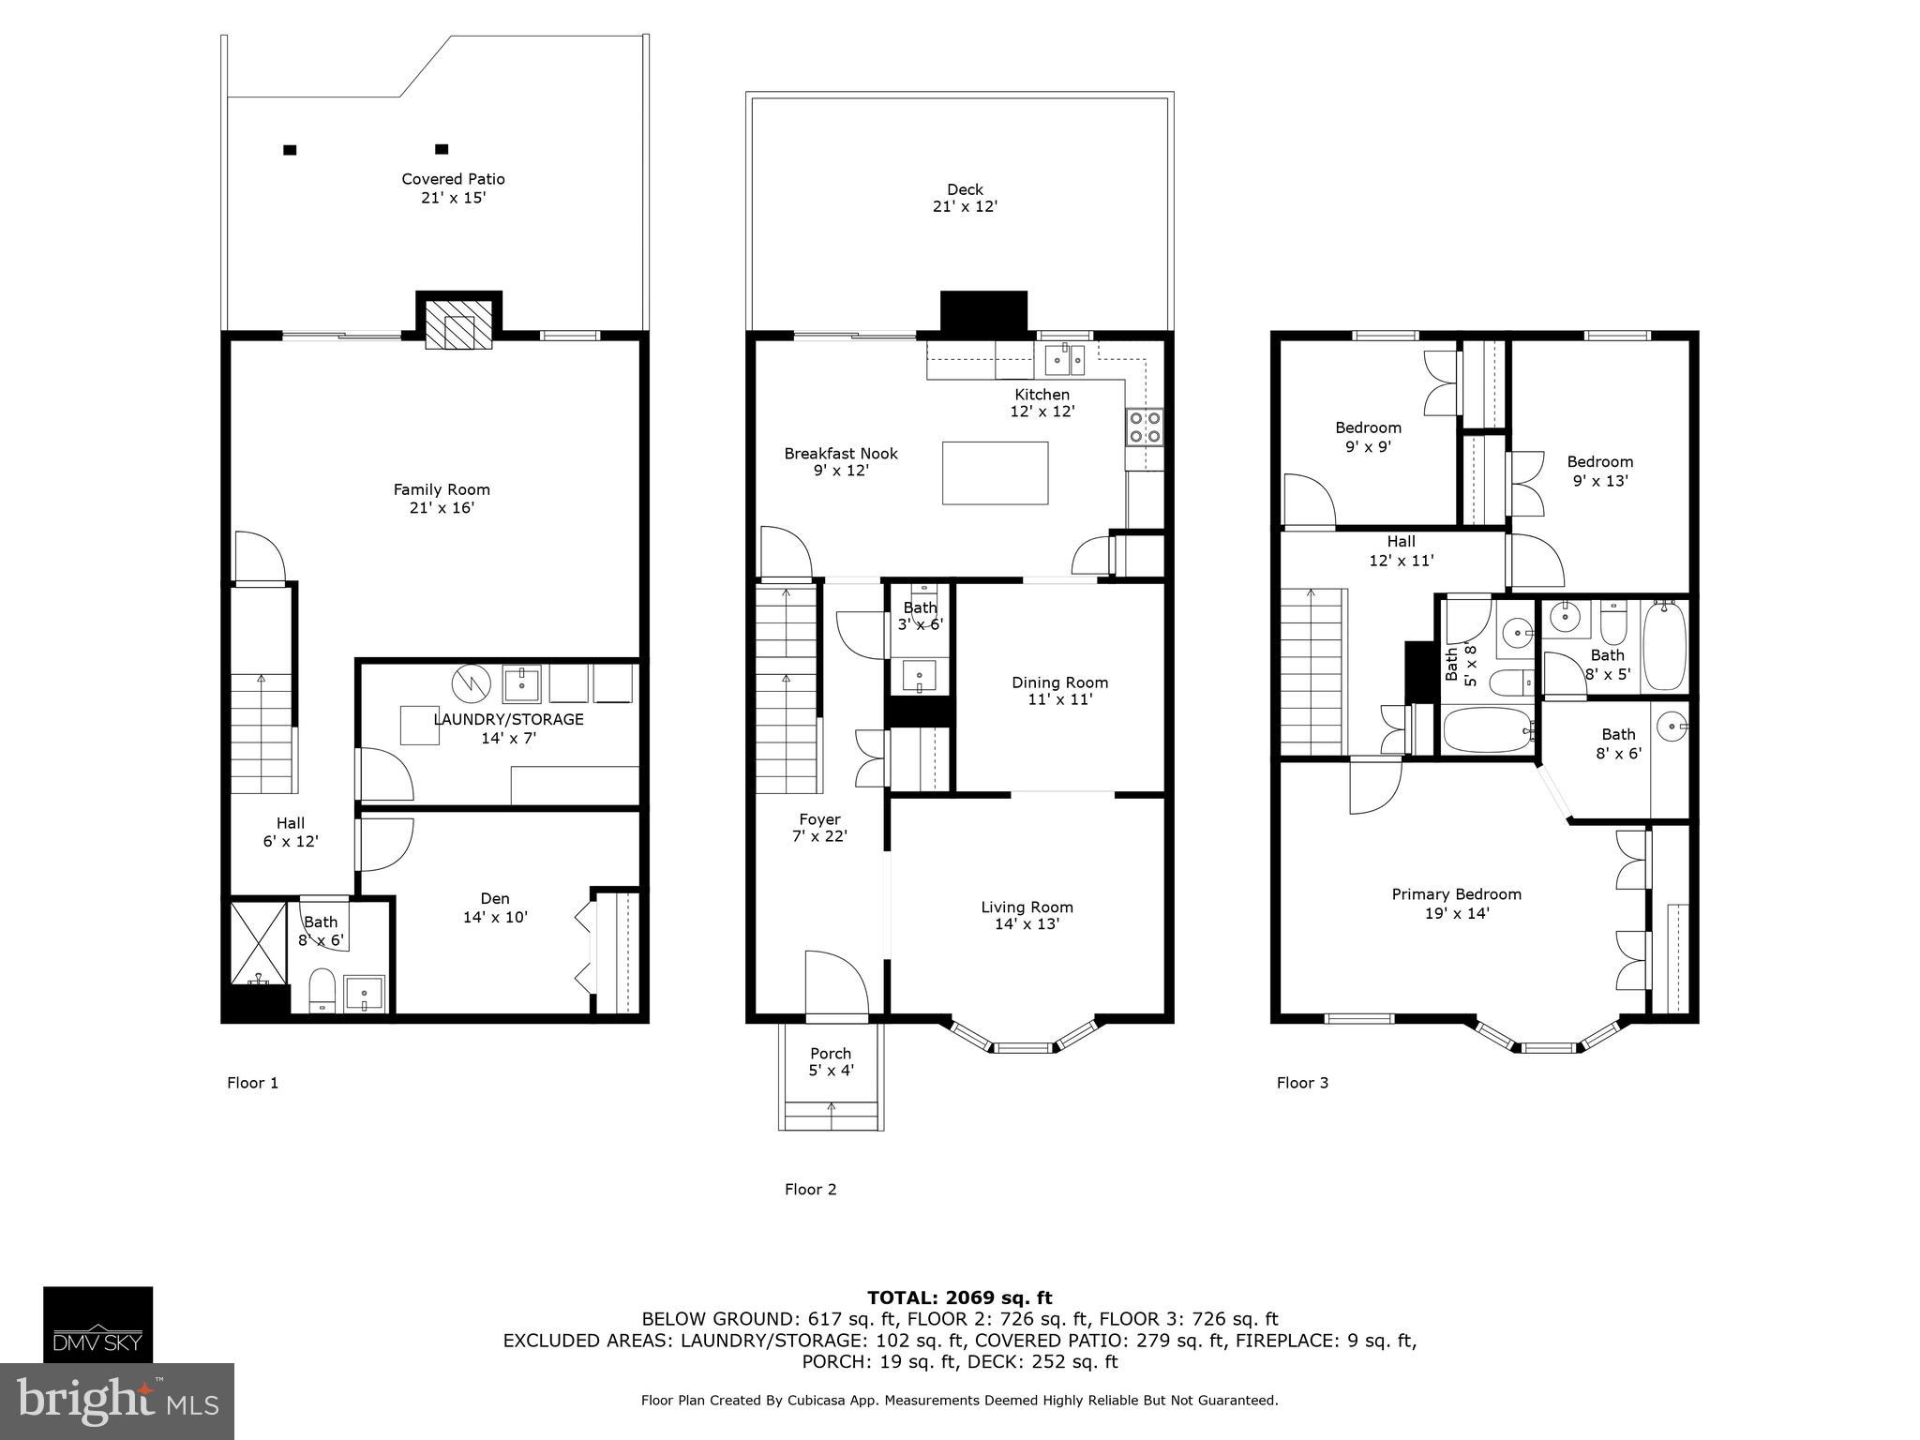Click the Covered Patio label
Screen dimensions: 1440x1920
click(x=453, y=188)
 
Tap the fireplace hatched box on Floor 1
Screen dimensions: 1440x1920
click(x=459, y=325)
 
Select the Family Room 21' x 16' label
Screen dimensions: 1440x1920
click(x=441, y=499)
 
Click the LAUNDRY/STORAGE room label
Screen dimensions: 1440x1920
click(x=508, y=728)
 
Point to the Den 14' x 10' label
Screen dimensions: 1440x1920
click(x=495, y=907)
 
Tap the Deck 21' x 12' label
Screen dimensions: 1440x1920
click(x=965, y=199)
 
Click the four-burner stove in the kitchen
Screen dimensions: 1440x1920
click(x=1145, y=427)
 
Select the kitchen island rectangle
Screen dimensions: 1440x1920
click(x=995, y=473)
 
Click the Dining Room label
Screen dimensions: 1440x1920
click(x=1059, y=691)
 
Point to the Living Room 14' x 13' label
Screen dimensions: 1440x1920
click(x=1027, y=915)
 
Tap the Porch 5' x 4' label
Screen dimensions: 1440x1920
click(x=831, y=1061)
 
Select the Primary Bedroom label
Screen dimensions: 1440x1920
click(x=1456, y=903)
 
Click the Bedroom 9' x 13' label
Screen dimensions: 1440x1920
click(x=1599, y=471)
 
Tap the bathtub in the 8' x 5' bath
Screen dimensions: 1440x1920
click(x=1664, y=647)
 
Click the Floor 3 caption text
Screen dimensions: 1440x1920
click(x=1302, y=1083)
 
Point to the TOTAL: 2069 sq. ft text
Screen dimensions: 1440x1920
click(x=959, y=1297)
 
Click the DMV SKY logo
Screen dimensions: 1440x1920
click(x=97, y=1324)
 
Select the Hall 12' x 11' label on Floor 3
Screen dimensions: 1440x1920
click(x=1401, y=551)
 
